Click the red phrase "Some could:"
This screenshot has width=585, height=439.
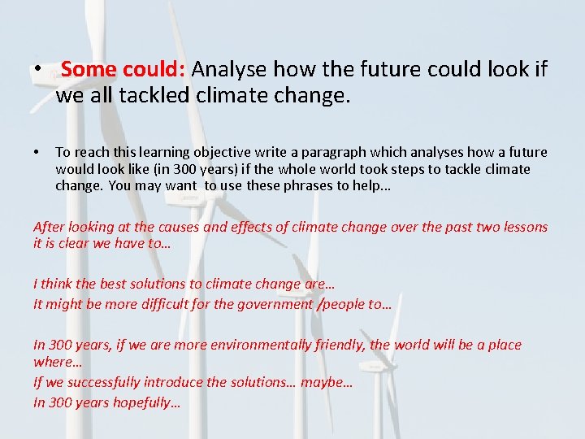[x=123, y=69]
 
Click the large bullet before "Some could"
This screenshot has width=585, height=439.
[x=38, y=70]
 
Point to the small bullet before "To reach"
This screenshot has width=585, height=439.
[x=37, y=153]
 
